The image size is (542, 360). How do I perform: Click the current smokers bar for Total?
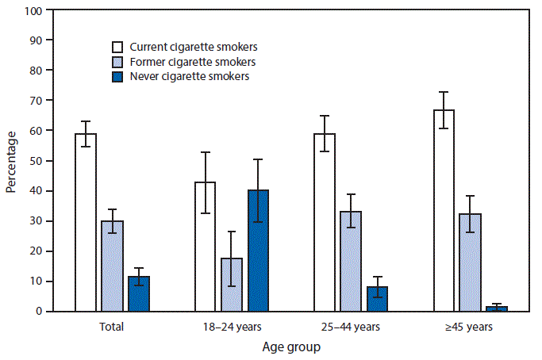pyautogui.click(x=86, y=222)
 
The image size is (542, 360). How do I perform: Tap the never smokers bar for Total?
pyautogui.click(x=139, y=294)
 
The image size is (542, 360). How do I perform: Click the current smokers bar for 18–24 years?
pyautogui.click(x=206, y=247)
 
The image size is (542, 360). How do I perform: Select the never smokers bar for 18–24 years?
pyautogui.click(x=258, y=251)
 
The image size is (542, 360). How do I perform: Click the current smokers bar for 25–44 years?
pyautogui.click(x=325, y=222)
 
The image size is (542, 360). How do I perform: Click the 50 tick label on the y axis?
pyautogui.click(x=37, y=161)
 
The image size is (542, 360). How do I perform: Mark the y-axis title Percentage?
pyautogui.click(x=10, y=161)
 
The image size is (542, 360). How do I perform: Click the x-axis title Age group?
pyautogui.click(x=291, y=347)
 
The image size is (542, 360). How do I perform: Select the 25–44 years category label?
pyautogui.click(x=351, y=326)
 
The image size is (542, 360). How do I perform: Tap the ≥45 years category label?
pyautogui.click(x=471, y=326)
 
